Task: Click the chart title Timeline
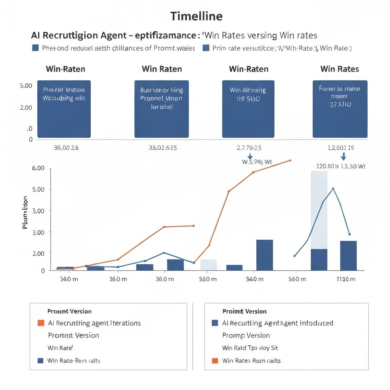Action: [196, 16]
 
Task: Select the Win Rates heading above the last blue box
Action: [339, 69]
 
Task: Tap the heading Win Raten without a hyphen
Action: [161, 69]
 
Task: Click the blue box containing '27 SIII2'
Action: [340, 109]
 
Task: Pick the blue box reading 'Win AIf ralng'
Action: [248, 109]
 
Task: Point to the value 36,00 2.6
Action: [66, 148]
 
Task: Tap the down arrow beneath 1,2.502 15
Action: [343, 157]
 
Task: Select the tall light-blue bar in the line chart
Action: [319, 209]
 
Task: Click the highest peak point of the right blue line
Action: [333, 189]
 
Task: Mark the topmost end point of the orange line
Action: [291, 160]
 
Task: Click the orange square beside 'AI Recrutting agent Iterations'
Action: [41, 323]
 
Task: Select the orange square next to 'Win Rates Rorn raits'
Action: [215, 360]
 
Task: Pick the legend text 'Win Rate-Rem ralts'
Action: [74, 360]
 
